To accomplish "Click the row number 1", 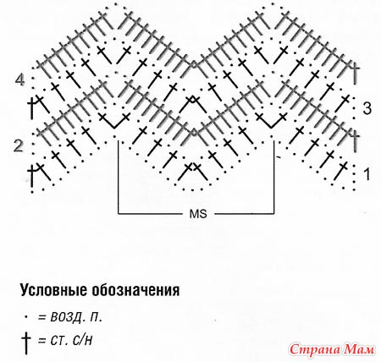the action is [x=367, y=174].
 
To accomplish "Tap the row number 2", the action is [x=19, y=146].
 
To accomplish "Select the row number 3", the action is [x=367, y=108].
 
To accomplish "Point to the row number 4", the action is [x=19, y=80].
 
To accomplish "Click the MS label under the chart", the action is [x=198, y=214].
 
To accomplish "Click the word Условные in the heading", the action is [x=53, y=290].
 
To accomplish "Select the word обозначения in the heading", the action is [x=135, y=290].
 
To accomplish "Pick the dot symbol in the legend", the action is [x=26, y=317].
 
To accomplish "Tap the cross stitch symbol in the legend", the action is [x=26, y=343].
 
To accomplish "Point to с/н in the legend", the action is [x=82, y=341].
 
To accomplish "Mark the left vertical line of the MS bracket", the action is [x=119, y=177].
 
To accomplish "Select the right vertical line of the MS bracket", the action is [x=273, y=177].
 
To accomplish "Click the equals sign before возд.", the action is [x=42, y=318].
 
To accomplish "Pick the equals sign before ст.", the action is [x=42, y=341].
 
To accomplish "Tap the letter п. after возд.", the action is [x=96, y=319].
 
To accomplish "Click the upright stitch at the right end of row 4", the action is [x=356, y=73].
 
